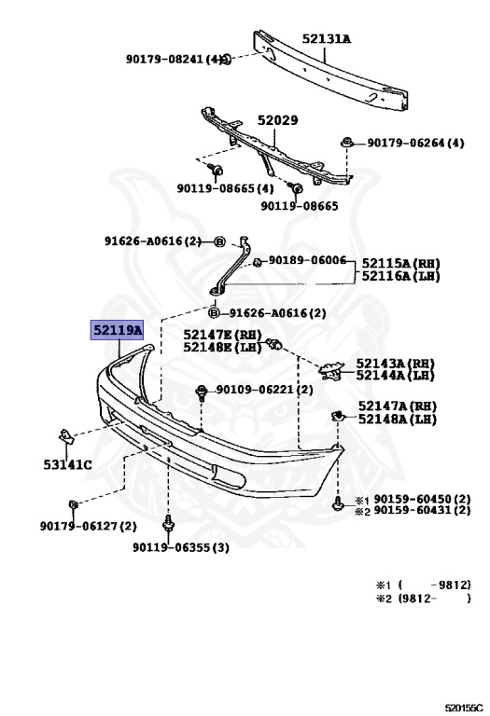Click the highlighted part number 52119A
point(117,330)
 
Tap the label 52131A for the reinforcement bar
point(327,39)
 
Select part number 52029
point(277,120)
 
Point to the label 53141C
point(67,465)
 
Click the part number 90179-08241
point(164,59)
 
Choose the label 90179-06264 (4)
point(415,143)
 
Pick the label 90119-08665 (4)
point(225,188)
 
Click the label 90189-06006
point(307,260)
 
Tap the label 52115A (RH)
point(401,264)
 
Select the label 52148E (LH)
point(223,348)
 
